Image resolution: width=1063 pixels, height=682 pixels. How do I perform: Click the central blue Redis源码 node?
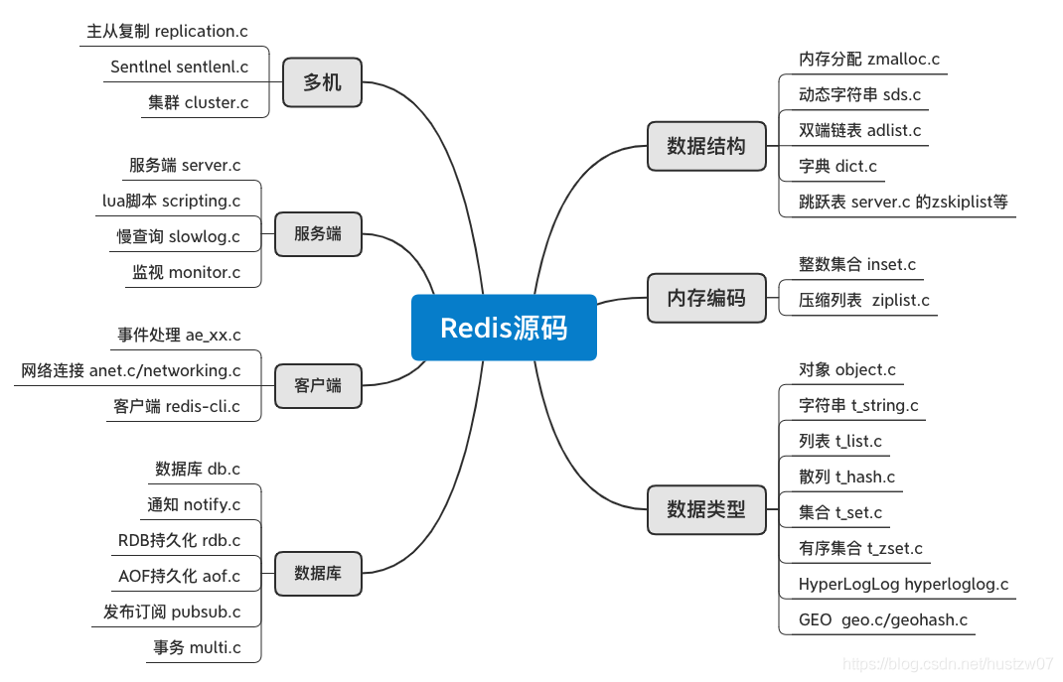tap(504, 328)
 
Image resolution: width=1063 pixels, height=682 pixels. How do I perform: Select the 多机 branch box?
tap(322, 82)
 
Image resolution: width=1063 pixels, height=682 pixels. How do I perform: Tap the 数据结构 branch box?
tap(706, 146)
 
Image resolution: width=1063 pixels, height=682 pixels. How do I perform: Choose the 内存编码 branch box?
tap(706, 298)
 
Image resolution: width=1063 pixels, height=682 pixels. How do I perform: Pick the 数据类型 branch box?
tap(706, 510)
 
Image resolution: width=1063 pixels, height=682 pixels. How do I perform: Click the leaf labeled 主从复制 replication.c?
tap(167, 32)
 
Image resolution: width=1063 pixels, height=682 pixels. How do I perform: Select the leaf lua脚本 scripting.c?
tap(171, 202)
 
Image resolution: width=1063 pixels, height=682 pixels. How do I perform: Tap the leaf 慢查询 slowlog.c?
tap(178, 237)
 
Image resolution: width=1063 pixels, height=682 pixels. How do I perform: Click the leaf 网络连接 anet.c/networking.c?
tap(130, 371)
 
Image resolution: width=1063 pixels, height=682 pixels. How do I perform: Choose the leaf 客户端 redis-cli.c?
tap(177, 407)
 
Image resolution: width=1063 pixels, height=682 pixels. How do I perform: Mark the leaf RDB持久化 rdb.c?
tap(179, 541)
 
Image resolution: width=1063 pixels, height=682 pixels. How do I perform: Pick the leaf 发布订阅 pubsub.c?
tap(171, 613)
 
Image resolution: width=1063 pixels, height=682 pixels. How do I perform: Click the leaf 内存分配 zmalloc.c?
tap(869, 60)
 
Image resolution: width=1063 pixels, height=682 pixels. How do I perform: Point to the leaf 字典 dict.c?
tap(837, 167)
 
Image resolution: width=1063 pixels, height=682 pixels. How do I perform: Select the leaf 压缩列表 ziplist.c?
tap(864, 301)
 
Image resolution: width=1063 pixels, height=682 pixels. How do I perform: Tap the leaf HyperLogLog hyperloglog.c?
tap(903, 585)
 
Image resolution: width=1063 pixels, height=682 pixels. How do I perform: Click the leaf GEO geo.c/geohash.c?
tap(882, 620)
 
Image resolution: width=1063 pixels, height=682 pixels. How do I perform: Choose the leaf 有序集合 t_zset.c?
tap(860, 549)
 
